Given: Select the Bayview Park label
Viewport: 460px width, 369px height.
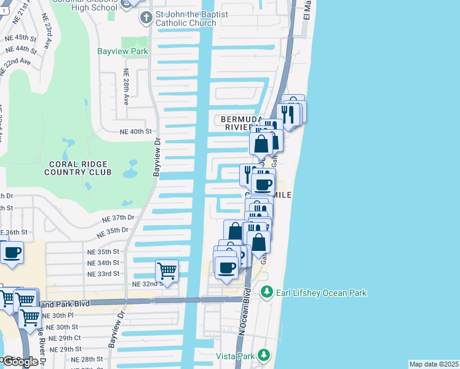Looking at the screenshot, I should point(122,52).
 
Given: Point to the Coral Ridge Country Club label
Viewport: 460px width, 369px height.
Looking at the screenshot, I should point(77,168).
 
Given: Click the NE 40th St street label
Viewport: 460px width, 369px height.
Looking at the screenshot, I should point(135,132).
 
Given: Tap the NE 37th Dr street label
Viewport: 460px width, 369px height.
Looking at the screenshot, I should point(118,218).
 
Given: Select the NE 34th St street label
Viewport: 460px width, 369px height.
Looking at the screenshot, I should point(103,263).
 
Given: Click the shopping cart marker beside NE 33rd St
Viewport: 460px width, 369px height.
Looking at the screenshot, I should point(167,271).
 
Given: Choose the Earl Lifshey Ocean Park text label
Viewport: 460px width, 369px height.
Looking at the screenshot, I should point(320,293).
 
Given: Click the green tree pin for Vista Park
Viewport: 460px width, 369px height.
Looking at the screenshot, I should point(264,355).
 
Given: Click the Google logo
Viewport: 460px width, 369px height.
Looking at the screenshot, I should point(20,362).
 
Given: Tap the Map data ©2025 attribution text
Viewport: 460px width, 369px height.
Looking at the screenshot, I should point(434,364).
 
